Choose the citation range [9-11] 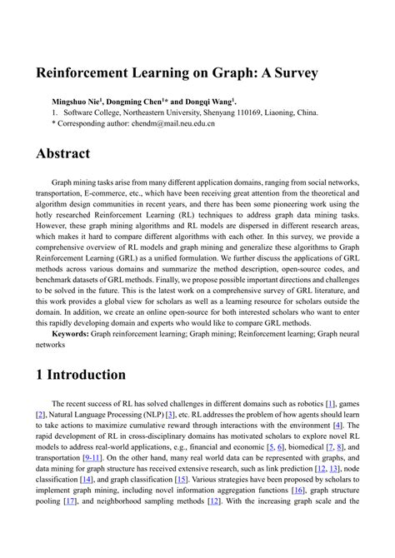(x=91, y=457)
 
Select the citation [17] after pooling (x=70, y=502)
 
